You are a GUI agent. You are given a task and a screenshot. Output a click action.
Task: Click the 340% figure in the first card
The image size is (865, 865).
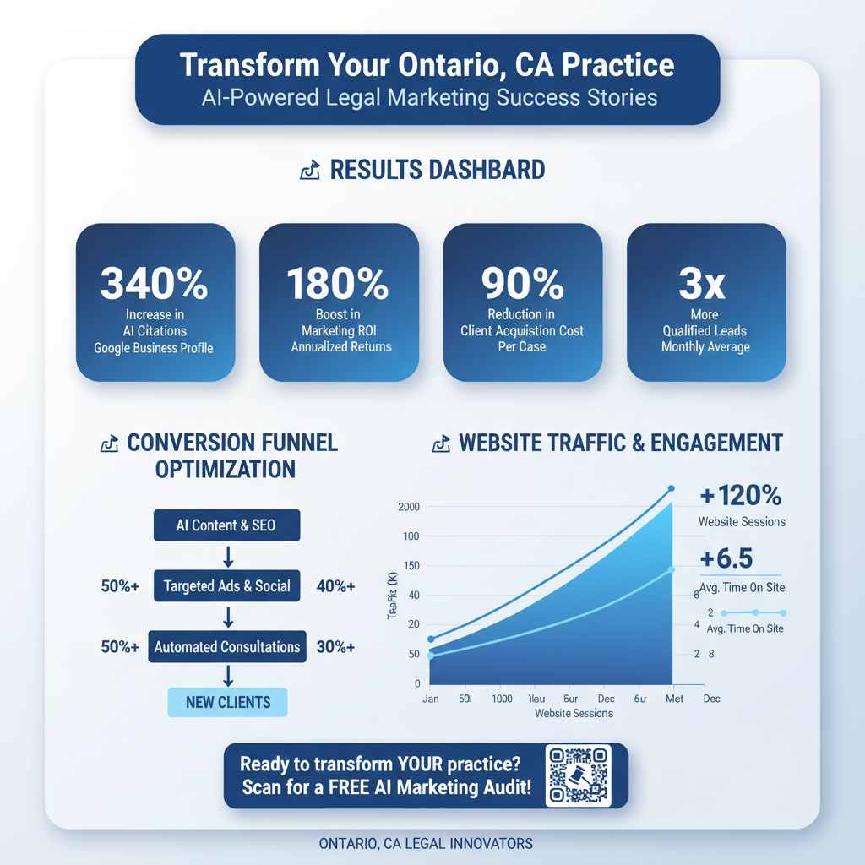[x=155, y=284]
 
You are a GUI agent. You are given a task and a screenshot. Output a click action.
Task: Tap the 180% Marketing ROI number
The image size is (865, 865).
[x=338, y=284]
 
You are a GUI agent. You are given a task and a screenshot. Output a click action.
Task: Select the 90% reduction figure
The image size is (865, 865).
[x=522, y=284]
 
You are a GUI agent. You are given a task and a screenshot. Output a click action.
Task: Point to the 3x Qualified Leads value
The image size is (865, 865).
[x=705, y=285]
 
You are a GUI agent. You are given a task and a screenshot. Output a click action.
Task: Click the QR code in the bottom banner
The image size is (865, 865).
[x=578, y=775]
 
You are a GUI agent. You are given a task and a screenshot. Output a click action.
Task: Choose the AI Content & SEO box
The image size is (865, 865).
[x=226, y=525]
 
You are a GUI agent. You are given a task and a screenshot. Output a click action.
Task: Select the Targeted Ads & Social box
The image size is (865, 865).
[x=226, y=586]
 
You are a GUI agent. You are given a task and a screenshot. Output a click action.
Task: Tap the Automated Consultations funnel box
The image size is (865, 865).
[x=226, y=647]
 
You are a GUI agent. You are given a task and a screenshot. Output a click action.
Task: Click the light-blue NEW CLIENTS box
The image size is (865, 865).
[x=227, y=702]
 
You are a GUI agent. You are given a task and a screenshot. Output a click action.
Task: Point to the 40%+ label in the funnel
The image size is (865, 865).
[x=335, y=586]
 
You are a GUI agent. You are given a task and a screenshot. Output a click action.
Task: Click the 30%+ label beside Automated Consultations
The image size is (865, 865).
[x=335, y=647]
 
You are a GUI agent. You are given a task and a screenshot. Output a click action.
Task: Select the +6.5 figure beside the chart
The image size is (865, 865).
[x=726, y=558]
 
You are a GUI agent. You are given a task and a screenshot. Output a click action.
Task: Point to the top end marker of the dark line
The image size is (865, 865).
[x=672, y=488]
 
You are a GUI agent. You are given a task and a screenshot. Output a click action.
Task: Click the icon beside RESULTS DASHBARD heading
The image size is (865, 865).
[x=309, y=171]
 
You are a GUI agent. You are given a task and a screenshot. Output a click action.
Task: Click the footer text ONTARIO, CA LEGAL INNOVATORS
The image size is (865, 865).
[x=427, y=843]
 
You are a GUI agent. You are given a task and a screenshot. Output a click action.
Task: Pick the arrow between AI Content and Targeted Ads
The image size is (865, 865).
[x=227, y=556]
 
